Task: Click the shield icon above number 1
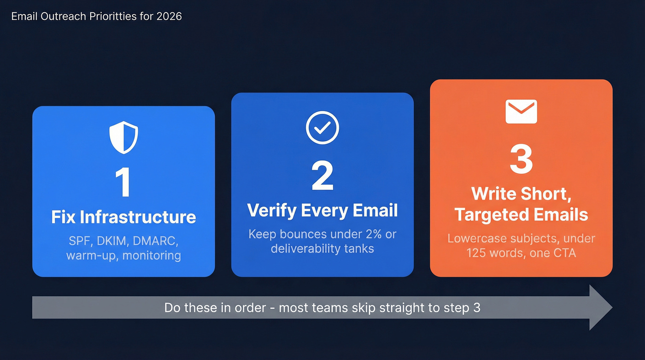123,137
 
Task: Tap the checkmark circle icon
322,128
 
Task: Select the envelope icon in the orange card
521,112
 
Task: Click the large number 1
123,183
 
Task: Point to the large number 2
322,176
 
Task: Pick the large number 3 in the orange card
521,159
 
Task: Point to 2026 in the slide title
169,16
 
